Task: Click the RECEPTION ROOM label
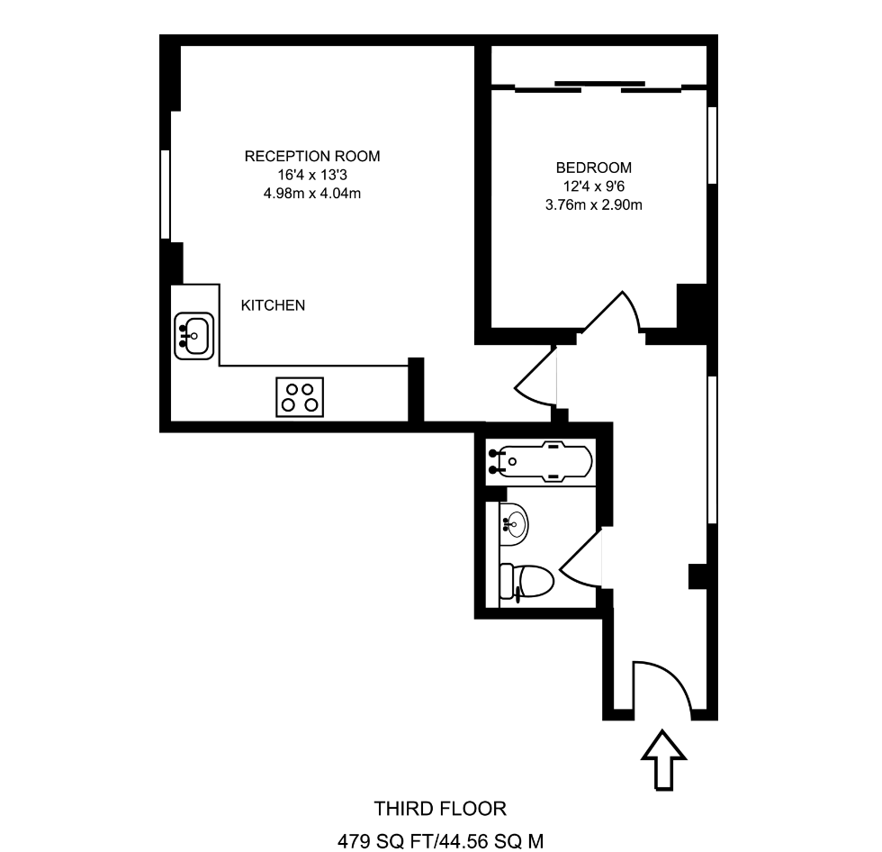tap(312, 157)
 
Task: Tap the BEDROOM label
tap(593, 168)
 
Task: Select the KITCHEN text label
tap(273, 306)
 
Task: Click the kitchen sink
tap(193, 335)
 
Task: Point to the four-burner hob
tap(301, 397)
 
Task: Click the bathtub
tap(539, 462)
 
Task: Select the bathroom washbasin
tap(514, 521)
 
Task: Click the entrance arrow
tap(662, 760)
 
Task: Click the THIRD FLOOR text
tap(440, 808)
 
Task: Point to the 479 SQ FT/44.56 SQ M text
tap(440, 842)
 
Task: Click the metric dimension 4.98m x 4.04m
tap(312, 193)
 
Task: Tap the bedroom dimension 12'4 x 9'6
tap(593, 186)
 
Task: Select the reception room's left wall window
tap(166, 195)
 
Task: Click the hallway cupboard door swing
tap(536, 378)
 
